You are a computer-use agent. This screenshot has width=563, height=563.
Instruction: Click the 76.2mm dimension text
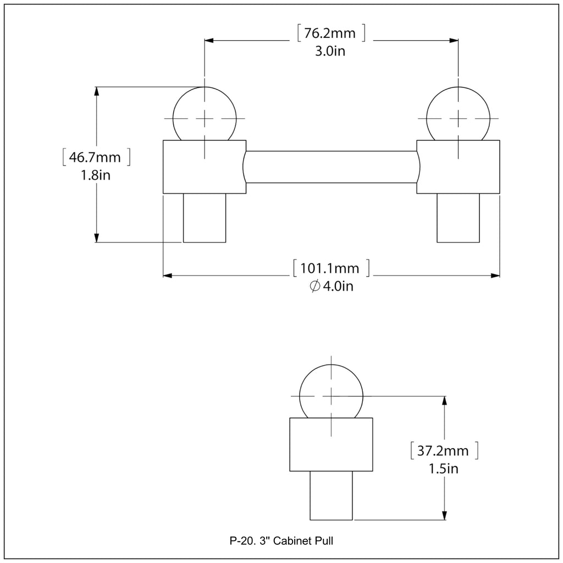pos(330,33)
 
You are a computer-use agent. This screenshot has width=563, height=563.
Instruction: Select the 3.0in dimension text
pos(330,51)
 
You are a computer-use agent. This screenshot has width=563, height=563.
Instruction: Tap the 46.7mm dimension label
pos(95,157)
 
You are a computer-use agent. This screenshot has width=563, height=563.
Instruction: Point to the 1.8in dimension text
pos(96,175)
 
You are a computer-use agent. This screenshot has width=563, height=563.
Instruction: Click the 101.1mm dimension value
pos(330,268)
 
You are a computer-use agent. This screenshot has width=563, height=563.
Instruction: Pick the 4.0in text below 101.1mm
pos(338,286)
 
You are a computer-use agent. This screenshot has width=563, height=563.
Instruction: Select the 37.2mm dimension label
pos(443,451)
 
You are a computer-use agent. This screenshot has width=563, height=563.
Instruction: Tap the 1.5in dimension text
pos(444,468)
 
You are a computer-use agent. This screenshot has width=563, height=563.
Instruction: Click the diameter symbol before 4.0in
pos(315,286)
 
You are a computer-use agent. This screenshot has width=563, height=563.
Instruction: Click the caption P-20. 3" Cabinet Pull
pos(281,541)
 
